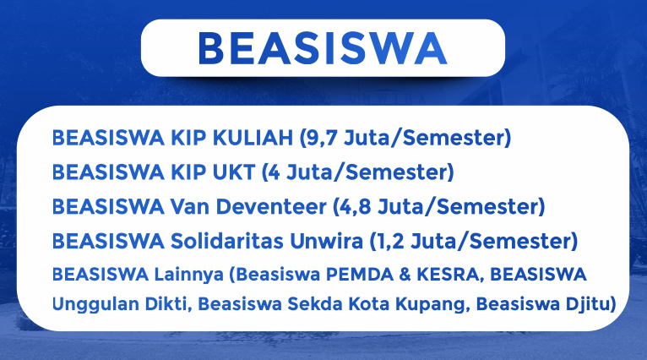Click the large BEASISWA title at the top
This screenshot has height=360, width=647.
(x=323, y=48)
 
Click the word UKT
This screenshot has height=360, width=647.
(x=234, y=172)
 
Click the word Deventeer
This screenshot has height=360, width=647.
(x=271, y=206)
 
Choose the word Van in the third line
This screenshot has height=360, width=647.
(x=190, y=206)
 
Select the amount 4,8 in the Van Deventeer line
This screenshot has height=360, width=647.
(x=356, y=207)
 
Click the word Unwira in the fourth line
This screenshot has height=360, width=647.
(x=326, y=241)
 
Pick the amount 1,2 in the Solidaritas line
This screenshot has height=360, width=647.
(x=390, y=242)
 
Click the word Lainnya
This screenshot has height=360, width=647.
(x=189, y=275)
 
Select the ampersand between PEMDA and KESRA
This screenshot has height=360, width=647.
(x=405, y=274)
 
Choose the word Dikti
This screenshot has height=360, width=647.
(x=168, y=304)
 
